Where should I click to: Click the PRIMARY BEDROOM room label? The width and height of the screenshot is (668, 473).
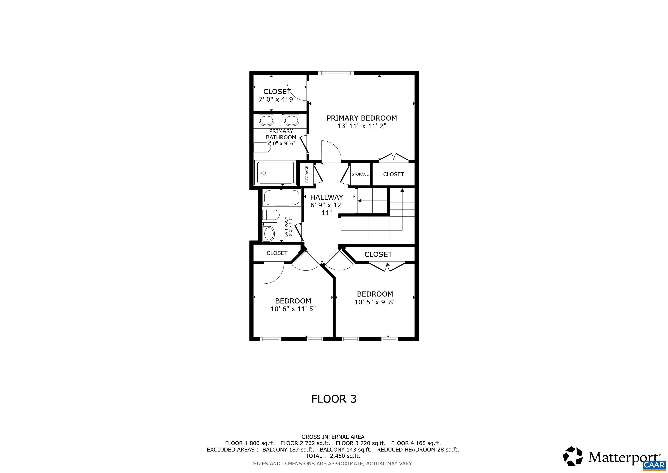tap(362, 118)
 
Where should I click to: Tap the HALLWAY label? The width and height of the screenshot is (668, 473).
tap(326, 197)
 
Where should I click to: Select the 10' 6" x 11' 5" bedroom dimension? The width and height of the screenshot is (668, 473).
tap(293, 309)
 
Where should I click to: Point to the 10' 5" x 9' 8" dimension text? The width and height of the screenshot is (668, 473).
tap(375, 302)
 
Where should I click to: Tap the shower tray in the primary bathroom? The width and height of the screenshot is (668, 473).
tap(275, 173)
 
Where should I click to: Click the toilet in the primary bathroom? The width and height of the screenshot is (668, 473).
tap(262, 147)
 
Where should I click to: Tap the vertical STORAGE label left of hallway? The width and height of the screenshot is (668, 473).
tap(307, 174)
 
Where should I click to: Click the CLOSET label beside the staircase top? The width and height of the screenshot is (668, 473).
tap(393, 174)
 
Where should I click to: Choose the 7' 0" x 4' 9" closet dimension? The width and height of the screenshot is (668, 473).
tap(277, 99)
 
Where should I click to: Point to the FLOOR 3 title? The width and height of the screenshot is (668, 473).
tap(334, 399)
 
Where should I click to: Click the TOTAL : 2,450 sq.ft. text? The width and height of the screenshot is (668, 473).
tap(333, 456)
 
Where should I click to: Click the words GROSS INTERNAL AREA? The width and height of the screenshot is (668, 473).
tap(333, 437)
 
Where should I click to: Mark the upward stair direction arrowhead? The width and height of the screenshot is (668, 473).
tap(402, 190)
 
